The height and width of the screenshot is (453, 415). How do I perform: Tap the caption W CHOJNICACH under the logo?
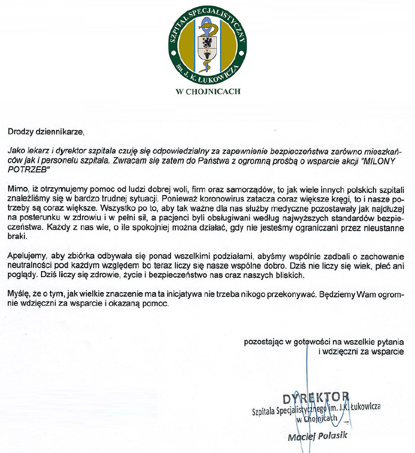click(208, 91)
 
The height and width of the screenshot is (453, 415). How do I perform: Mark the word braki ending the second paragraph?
click(18, 237)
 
